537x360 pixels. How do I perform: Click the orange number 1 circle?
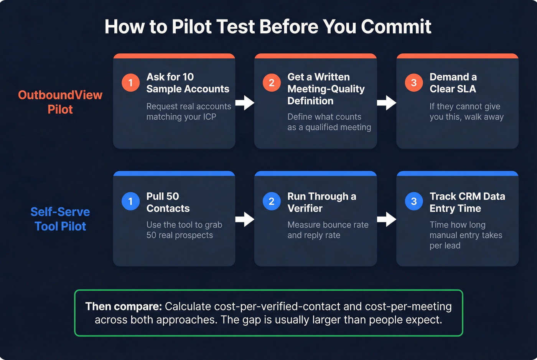point(130,83)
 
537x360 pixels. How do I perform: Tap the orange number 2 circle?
point(272,83)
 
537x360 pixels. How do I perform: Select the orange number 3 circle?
point(413,83)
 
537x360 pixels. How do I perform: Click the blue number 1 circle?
point(130,201)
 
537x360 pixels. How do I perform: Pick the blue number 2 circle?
point(272,201)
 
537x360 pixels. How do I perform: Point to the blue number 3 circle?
point(413,201)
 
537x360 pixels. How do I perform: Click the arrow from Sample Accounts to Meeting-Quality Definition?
point(245,102)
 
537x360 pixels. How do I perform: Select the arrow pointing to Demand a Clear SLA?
point(386,102)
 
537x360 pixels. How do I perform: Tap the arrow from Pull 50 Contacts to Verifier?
point(245,219)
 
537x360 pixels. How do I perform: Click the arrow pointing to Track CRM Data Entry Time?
point(386,219)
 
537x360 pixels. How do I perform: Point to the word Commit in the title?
point(396,27)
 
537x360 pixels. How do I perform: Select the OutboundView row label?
point(60,95)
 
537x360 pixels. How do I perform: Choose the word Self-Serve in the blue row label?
point(60,212)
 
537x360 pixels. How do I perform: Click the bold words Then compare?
point(124,307)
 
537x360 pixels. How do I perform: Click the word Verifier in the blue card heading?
point(305,209)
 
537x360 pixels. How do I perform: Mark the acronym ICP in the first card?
point(209,117)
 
